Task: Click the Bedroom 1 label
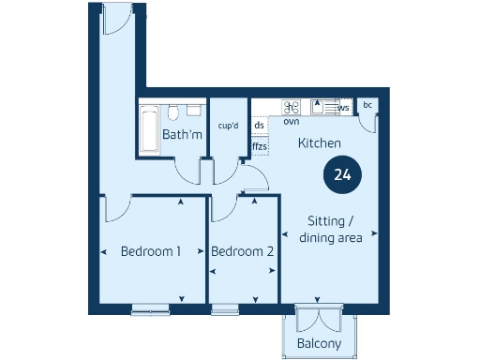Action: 151,251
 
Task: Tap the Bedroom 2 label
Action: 242,251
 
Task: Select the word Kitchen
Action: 319,143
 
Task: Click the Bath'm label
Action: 182,135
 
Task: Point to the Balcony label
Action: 320,343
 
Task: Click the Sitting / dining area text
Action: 330,230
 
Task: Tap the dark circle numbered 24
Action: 342,174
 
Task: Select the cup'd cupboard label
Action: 228,126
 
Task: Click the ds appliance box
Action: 260,126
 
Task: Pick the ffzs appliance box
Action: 260,146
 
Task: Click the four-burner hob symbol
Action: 292,107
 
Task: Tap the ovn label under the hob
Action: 292,121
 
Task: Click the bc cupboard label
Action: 367,105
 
